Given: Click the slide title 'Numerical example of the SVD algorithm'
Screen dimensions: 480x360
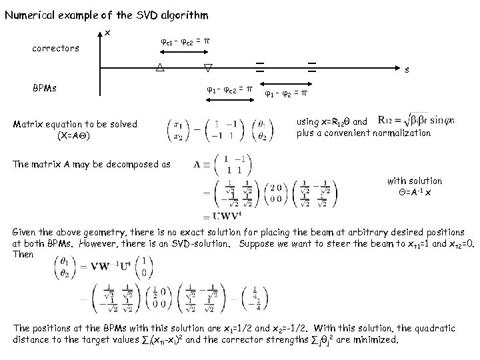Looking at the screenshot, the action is click(x=107, y=15).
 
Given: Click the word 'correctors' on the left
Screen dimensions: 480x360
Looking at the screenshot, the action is click(x=56, y=48).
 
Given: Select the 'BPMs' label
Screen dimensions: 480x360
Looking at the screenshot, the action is click(x=46, y=87).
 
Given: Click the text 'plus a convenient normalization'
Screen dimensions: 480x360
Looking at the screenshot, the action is click(x=363, y=133).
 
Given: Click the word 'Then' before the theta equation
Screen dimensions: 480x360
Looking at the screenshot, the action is click(x=24, y=254).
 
